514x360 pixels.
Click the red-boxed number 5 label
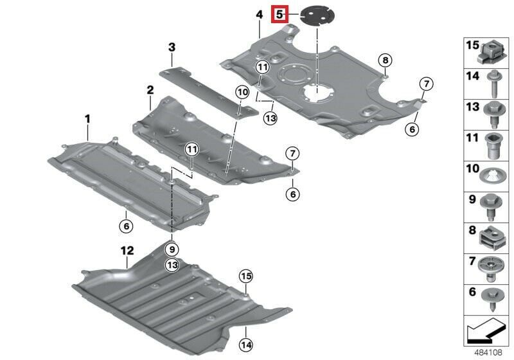[279, 14]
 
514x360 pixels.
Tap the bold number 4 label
[260, 15]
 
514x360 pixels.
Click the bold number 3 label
[172, 47]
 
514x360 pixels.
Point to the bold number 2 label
[150, 90]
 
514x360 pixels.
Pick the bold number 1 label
[87, 119]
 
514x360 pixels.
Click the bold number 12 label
[127, 251]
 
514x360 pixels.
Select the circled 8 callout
[385, 60]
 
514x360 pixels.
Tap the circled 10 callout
[243, 93]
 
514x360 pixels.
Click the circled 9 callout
[172, 250]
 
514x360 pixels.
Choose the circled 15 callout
[246, 276]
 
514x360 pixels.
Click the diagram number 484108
[488, 353]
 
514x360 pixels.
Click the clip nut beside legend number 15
[490, 53]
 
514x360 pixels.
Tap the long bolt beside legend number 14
[493, 84]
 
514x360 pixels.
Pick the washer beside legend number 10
[492, 176]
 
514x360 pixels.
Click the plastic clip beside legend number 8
[492, 238]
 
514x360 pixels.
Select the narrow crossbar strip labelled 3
[209, 91]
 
